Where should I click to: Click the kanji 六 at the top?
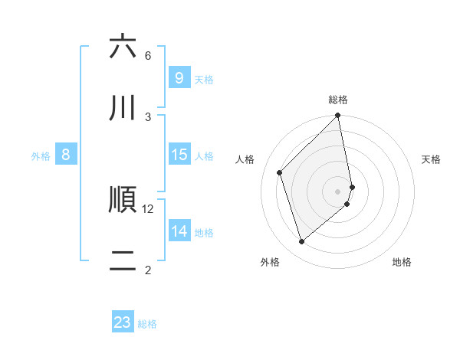point(123,47)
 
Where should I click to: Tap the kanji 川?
point(123,108)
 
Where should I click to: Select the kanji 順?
point(123,201)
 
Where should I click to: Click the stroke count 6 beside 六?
point(148,55)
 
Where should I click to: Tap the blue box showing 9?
point(179,78)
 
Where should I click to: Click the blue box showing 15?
point(179,155)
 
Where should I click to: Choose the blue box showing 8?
point(66,155)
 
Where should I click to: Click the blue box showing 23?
point(123,322)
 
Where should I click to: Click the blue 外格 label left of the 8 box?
point(41,156)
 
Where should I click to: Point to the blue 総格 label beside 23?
point(147,324)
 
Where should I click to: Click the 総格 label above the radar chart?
point(338,100)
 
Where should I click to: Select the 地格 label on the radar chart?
point(402,262)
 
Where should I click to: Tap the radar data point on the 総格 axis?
point(338,116)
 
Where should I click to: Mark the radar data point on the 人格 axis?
point(280,172)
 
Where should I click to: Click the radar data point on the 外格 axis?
point(302,242)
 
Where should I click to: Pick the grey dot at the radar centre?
point(338,191)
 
